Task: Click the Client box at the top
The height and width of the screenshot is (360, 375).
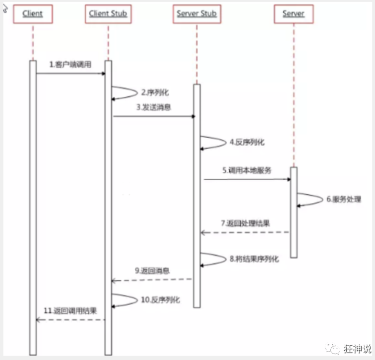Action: click(x=33, y=14)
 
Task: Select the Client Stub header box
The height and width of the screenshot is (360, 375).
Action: click(x=108, y=14)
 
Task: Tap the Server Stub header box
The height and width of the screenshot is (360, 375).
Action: click(x=197, y=14)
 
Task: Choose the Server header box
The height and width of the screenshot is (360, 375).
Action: click(x=293, y=14)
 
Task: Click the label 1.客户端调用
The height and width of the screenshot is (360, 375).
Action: click(x=71, y=64)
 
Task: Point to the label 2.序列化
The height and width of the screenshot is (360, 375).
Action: click(x=155, y=93)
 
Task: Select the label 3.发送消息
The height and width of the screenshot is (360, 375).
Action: click(x=154, y=107)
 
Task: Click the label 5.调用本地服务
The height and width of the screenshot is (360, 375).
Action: click(x=247, y=170)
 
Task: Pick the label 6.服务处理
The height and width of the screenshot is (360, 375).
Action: click(x=344, y=199)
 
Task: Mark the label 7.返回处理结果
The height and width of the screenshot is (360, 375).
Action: click(x=246, y=224)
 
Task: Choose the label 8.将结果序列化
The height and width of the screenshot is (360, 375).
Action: click(x=254, y=259)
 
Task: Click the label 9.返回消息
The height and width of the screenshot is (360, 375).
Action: click(x=152, y=270)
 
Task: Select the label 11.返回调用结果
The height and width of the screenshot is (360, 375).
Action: click(x=70, y=311)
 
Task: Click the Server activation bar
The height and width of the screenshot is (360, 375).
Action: click(x=294, y=212)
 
